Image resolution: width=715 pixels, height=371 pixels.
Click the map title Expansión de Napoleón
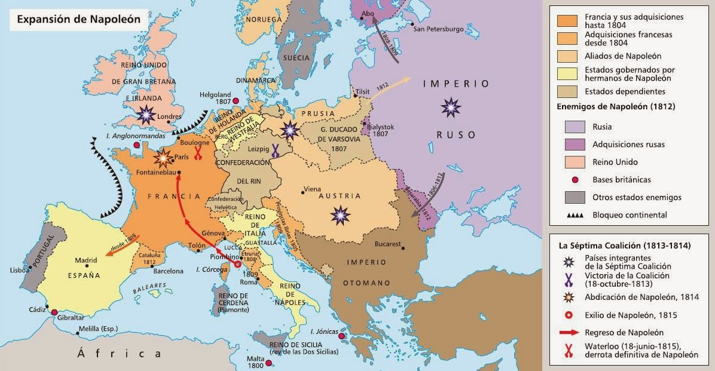(78, 19)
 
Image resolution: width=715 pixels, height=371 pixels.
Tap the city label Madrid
(86, 260)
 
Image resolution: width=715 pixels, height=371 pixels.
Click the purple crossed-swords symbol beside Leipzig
(276, 149)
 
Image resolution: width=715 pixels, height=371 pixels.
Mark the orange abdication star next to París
(161, 159)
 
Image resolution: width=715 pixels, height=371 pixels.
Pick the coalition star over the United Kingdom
(145, 114)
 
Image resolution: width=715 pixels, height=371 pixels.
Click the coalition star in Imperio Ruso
(450, 108)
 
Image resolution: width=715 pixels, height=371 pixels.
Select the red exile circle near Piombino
(237, 263)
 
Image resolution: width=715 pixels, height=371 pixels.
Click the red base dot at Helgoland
(236, 101)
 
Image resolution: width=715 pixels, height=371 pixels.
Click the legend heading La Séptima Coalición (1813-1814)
(624, 246)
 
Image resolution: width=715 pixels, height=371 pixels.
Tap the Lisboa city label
(16, 270)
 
